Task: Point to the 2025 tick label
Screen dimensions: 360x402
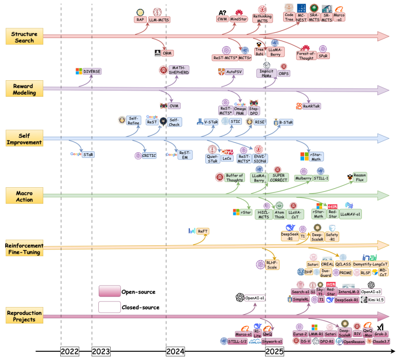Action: (274, 352)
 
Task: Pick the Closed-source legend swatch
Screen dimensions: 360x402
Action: (109, 308)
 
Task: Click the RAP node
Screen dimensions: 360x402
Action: (139, 20)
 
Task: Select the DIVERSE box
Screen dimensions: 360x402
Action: (92, 71)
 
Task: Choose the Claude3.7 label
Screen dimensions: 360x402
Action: (381, 341)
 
